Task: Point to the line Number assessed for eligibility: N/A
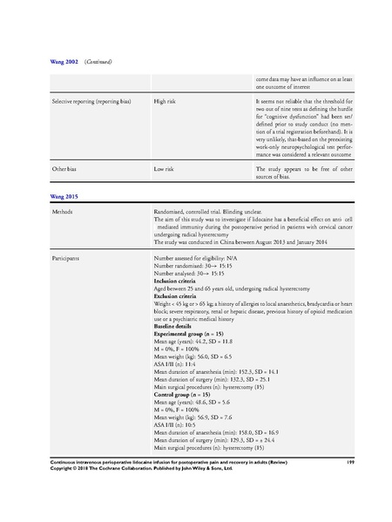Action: coord(198,259)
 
